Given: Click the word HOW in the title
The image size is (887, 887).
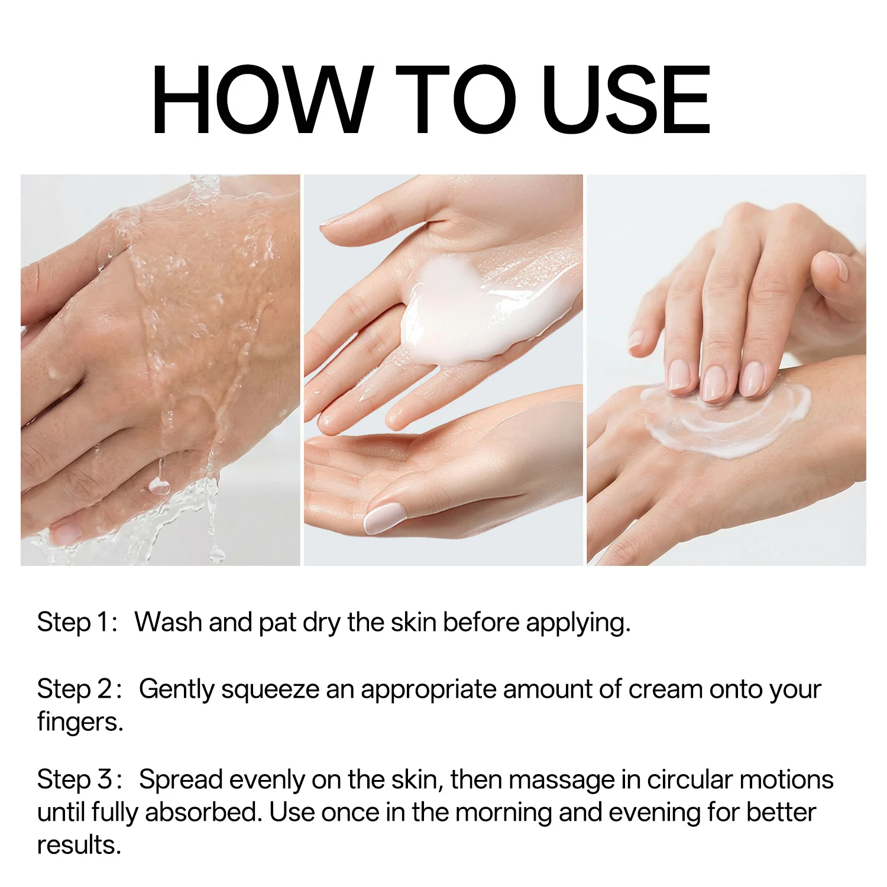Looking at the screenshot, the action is click(263, 100).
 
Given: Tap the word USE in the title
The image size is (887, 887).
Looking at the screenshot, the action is click(626, 100).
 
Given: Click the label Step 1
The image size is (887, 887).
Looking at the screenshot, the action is click(77, 623).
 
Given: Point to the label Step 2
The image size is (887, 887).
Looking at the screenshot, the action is click(80, 689).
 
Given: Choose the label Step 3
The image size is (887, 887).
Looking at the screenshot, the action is click(80, 780).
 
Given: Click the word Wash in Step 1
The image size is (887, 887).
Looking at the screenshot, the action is click(168, 622).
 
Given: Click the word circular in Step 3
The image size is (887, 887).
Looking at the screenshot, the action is click(690, 779).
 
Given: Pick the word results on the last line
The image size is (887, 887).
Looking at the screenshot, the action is click(79, 844).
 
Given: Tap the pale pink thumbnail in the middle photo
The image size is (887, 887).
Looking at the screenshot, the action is click(382, 518).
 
